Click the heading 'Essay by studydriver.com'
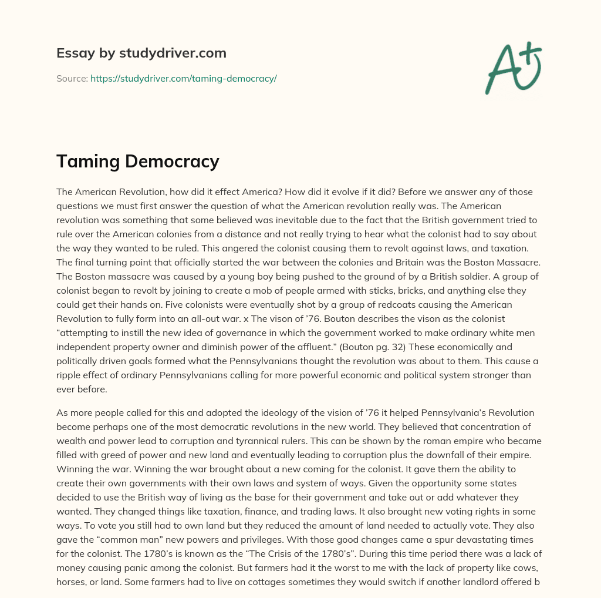(x=141, y=53)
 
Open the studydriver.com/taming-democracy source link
(x=183, y=78)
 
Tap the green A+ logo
(x=513, y=68)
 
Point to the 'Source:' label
(x=72, y=78)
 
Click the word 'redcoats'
(x=368, y=305)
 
